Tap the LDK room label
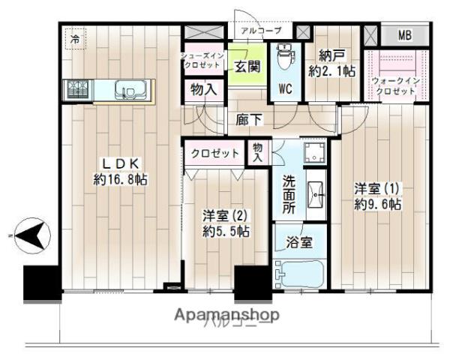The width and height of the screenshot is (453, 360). pos(120,163)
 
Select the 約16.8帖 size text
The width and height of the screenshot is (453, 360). pos(120,180)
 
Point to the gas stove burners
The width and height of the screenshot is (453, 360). pos(78,90)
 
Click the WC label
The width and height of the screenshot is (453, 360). pos(285,88)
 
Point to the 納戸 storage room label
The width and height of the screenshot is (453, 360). pos(330,55)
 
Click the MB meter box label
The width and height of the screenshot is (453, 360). pos(404,35)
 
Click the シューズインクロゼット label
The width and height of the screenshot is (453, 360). pos(202,61)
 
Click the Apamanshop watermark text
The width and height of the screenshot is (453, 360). pos(227,315)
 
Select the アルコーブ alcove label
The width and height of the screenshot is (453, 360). pos(261,31)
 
